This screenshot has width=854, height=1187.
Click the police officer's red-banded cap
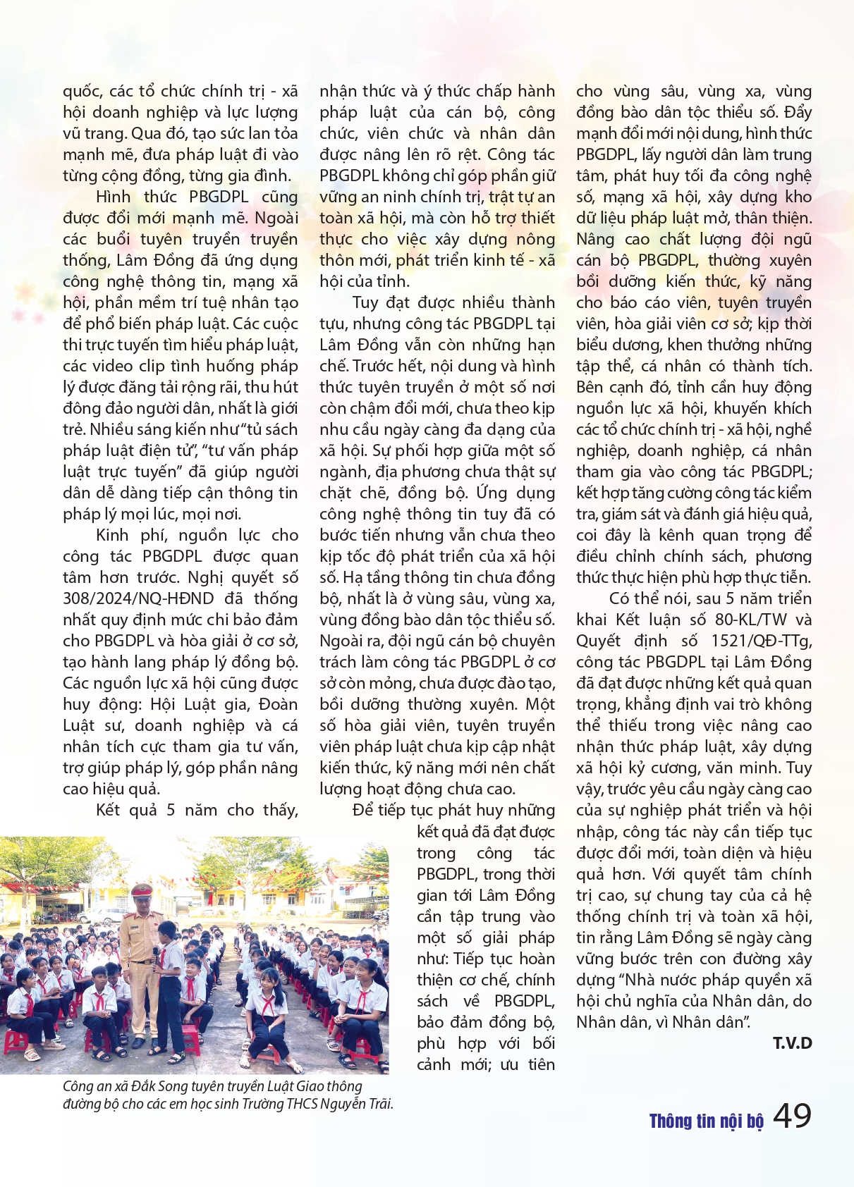pos(142,890)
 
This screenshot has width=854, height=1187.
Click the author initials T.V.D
pos(792,1043)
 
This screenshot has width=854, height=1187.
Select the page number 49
pos(792,1116)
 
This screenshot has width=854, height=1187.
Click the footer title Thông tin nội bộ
pos(706,1121)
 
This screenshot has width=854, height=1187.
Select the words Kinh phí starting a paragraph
pos(122,535)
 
